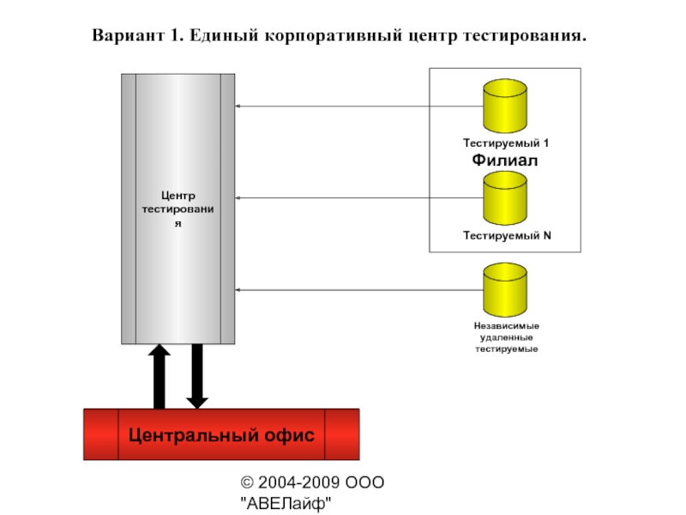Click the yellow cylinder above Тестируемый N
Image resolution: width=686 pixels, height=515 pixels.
coord(505,199)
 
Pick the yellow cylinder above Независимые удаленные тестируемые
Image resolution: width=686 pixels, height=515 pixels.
coord(505,291)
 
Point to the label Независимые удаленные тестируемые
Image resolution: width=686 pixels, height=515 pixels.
coord(506,338)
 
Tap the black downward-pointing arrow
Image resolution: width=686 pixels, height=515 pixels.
coord(197,376)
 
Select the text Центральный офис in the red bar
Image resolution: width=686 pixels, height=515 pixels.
coord(221,435)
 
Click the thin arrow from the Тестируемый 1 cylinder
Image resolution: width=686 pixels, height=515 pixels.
coord(360,106)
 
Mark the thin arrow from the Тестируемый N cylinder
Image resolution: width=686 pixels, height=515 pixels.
coord(360,198)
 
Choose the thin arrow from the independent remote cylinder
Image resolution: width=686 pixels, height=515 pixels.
coord(360,290)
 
